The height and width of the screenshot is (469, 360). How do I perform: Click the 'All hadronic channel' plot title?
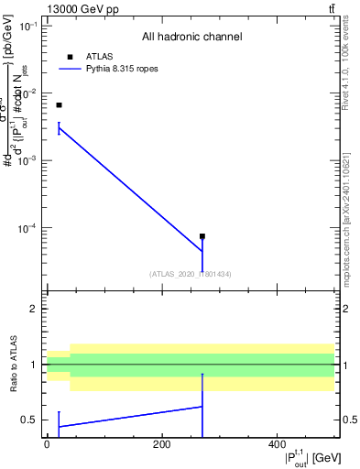192,38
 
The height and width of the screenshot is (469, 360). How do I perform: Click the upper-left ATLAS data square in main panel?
59,105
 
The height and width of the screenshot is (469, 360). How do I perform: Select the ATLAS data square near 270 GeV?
202,236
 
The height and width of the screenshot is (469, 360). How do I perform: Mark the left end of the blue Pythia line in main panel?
59,128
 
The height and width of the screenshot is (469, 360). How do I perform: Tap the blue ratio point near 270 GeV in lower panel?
202,407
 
